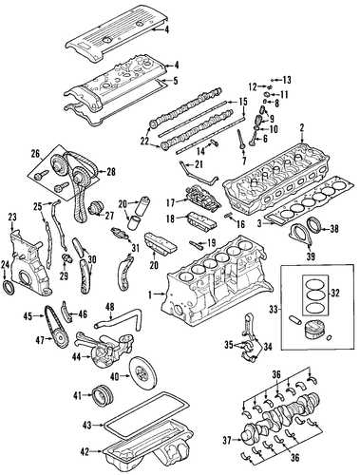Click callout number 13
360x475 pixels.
286,80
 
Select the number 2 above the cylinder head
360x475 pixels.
302,127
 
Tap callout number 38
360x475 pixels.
333,228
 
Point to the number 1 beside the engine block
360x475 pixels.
150,294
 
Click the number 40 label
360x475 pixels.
115,376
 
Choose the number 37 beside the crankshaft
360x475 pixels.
227,440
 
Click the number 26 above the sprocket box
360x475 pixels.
35,154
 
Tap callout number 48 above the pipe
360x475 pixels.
110,307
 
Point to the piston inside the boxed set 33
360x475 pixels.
313,332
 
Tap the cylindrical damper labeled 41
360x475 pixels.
103,395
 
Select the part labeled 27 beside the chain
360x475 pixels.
96,208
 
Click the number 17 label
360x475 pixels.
170,202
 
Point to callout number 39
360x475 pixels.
311,256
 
